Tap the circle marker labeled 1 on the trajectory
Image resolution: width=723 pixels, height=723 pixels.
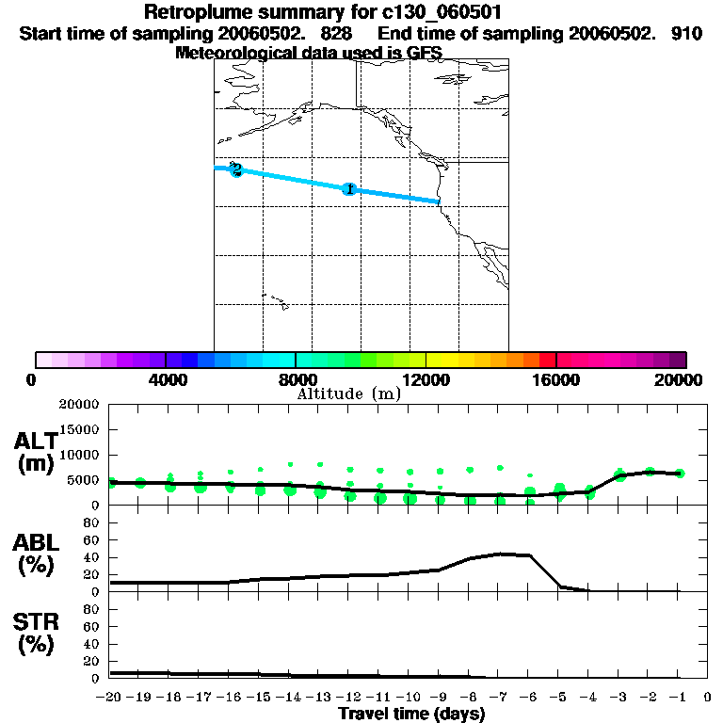click(349, 189)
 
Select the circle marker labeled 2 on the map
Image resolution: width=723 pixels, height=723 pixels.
click(236, 170)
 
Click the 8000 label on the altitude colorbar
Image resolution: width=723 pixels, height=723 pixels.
click(295, 379)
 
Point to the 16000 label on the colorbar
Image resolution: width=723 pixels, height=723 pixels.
click(556, 379)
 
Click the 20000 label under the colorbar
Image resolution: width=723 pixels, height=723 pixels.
click(677, 379)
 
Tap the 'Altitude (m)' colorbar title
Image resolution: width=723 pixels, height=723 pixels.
click(349, 394)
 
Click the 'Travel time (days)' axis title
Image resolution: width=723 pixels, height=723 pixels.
click(411, 714)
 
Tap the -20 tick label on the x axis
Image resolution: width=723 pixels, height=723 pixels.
click(110, 698)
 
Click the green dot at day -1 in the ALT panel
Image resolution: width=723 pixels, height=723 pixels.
click(680, 474)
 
